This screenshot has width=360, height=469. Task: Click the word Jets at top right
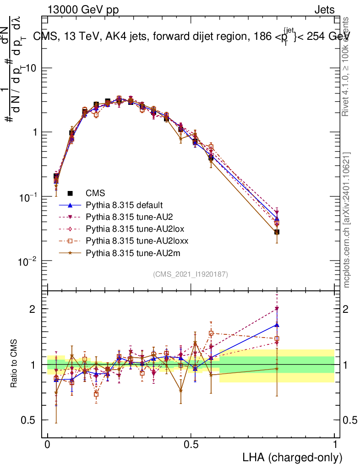tap(324, 10)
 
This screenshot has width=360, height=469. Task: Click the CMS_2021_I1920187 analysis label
tap(191, 274)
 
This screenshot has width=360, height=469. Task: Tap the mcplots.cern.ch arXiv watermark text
tap(347, 220)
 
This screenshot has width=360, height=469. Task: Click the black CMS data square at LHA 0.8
tap(277, 232)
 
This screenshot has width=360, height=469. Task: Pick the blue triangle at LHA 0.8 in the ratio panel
tap(277, 325)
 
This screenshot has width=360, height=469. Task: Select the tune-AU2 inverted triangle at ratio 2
tap(277, 309)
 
